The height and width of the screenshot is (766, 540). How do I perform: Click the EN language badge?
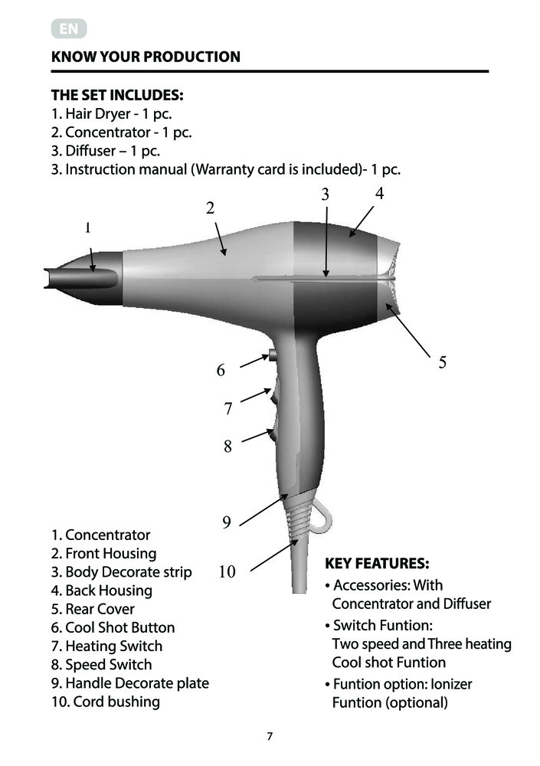pos(69,29)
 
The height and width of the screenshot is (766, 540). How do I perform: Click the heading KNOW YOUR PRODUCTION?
pos(146,57)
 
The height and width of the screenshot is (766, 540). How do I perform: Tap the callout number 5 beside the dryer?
pos(442,362)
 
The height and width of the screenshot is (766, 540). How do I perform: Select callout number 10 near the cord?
pos(227,571)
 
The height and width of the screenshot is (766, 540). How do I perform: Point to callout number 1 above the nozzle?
pos(88,228)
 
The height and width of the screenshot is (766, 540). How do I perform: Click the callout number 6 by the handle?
pos(221,370)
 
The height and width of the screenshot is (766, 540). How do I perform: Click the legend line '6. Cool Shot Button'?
pos(113,627)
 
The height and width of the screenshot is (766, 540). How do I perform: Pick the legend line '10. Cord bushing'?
pos(106,702)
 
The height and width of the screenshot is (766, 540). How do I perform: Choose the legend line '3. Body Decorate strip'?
pos(121,572)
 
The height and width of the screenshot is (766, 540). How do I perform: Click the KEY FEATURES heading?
pos(378,564)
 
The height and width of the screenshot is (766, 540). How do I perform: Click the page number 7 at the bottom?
pos(270,736)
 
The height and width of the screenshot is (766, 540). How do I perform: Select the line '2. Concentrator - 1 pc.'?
pos(121,133)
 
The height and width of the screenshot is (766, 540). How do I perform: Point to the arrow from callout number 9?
pos(263,509)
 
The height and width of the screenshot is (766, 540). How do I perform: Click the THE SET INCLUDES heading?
pos(117,95)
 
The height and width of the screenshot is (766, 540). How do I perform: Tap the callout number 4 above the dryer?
pos(379,194)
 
